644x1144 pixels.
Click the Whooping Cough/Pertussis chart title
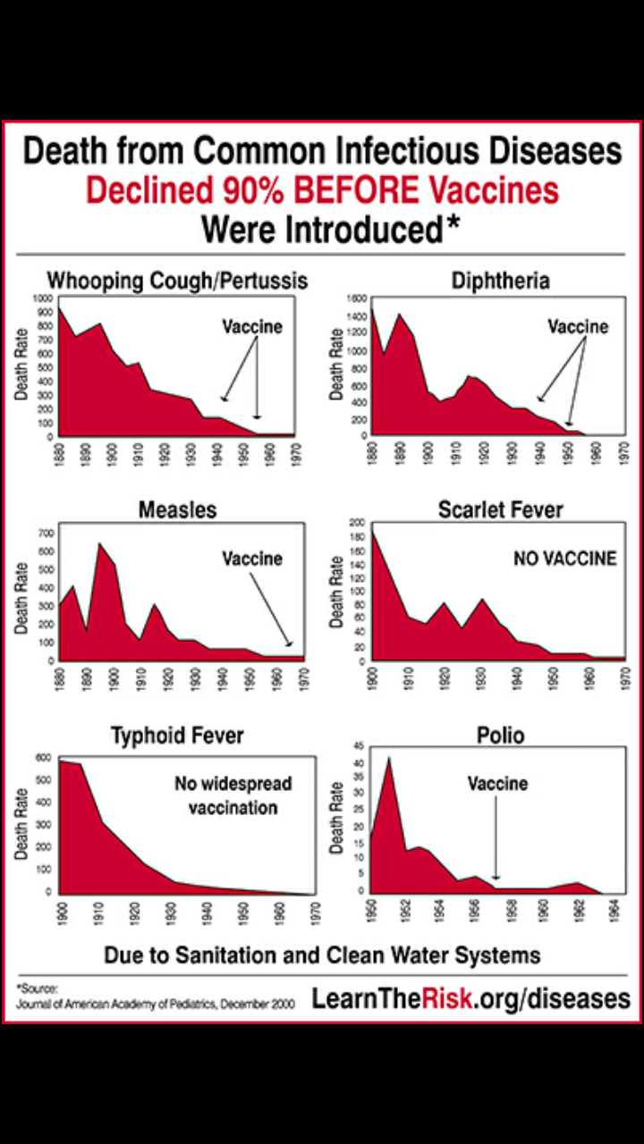177,281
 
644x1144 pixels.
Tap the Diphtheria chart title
500,282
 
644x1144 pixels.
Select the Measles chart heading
177,510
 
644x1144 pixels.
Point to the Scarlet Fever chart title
500,510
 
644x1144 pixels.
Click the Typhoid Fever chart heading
177,736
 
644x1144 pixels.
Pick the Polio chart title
500,736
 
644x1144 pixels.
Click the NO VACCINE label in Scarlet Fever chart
564,559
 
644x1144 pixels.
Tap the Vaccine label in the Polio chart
497,784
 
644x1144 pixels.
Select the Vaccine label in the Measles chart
252,559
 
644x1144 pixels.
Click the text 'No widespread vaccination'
233,795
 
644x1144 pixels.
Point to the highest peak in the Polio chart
388,758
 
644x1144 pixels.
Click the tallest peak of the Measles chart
99,543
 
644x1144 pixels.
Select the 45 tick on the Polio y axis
359,745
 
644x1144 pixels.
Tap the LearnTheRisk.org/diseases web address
470,998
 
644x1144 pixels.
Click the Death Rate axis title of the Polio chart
338,820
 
